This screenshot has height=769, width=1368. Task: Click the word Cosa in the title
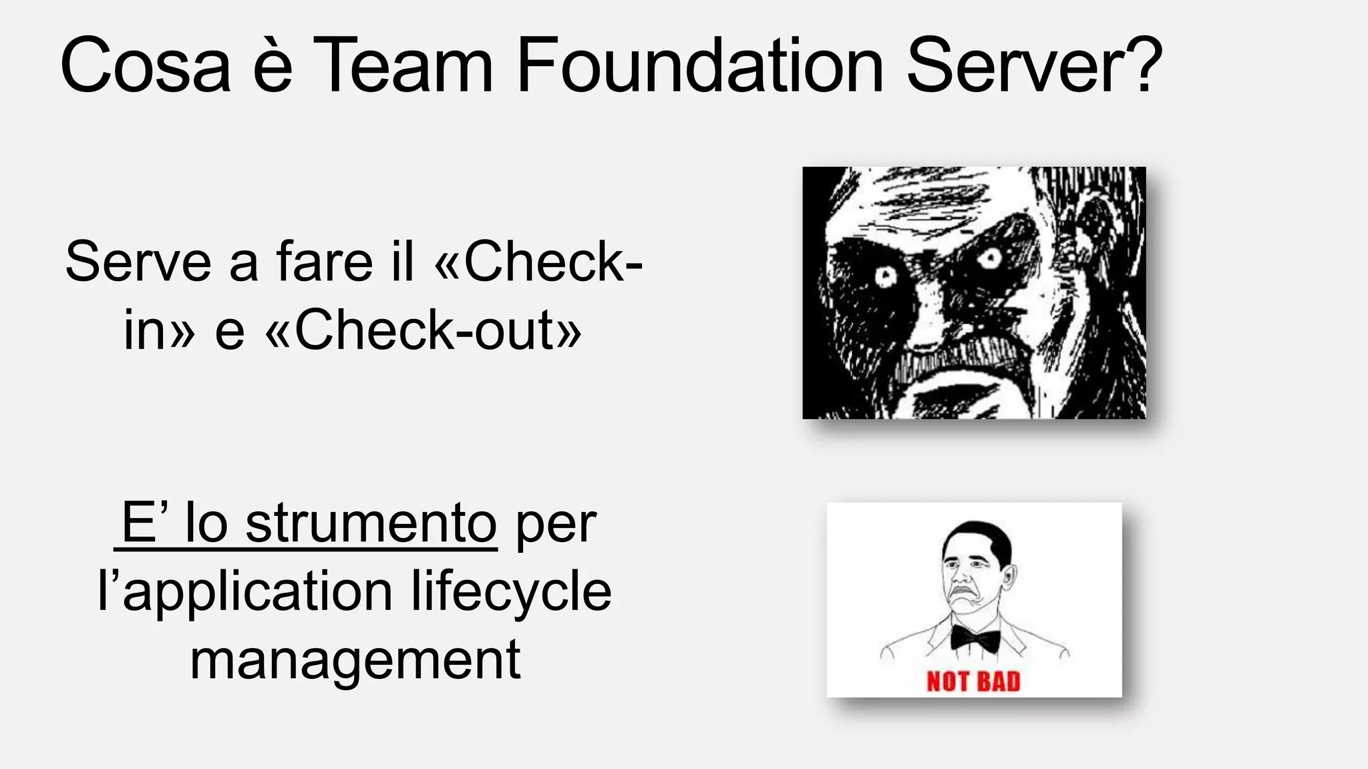[145, 65]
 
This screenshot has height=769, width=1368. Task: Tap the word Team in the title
[403, 65]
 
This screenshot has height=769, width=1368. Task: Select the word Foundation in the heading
[700, 65]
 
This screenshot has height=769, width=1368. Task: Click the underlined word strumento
[371, 523]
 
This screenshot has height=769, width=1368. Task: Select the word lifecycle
[511, 591]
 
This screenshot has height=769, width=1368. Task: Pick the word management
[355, 660]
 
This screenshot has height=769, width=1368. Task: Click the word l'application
[245, 593]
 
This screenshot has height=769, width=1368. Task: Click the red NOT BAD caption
[973, 682]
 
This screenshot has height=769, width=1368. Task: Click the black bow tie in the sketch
[975, 638]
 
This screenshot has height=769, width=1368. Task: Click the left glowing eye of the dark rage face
[886, 276]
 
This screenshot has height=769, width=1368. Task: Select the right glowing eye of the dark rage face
[990, 258]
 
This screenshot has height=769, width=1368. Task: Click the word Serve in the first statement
[138, 262]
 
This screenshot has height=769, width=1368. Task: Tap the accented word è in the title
[273, 65]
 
